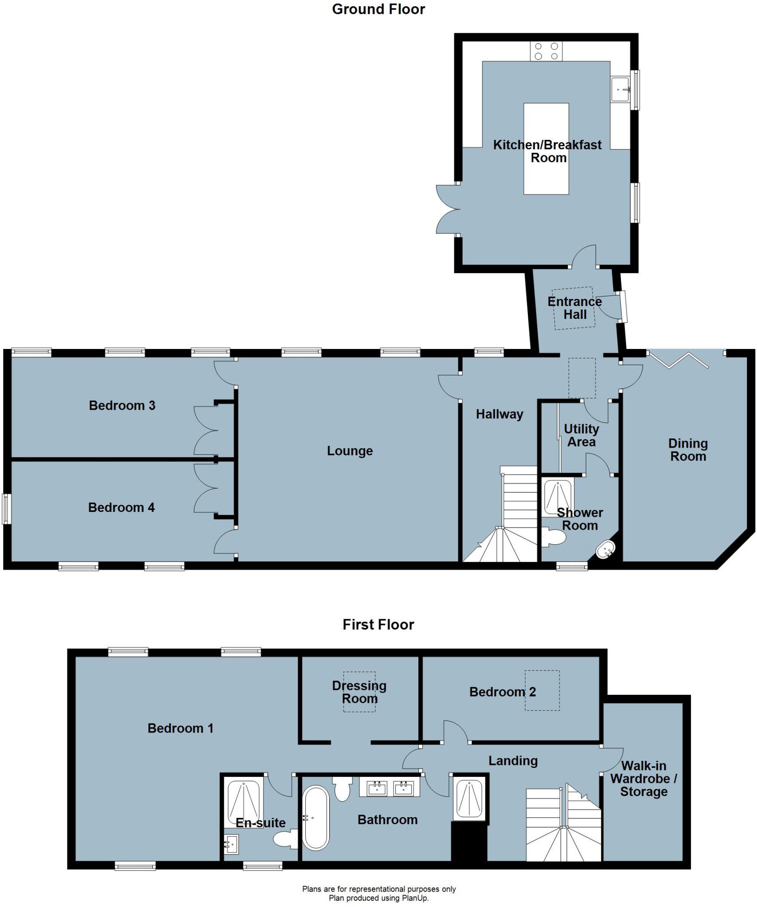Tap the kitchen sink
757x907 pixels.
click(x=621, y=90)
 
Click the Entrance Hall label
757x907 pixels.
click(x=574, y=308)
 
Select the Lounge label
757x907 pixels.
click(x=350, y=451)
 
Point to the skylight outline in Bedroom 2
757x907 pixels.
click(x=542, y=690)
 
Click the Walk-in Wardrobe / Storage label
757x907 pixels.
click(x=644, y=779)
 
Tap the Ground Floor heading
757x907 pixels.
click(x=378, y=9)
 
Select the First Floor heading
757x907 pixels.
click(x=378, y=624)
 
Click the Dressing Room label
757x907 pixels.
click(x=359, y=692)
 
